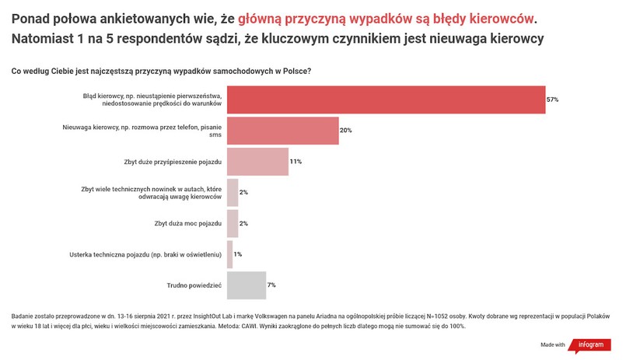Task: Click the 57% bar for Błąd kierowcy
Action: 385,100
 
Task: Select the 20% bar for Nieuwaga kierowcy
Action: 282,131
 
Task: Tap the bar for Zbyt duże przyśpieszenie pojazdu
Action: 257,162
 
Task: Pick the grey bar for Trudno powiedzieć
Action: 247,285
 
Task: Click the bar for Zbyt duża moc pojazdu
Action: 233,223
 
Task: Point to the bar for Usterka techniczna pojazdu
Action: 229,254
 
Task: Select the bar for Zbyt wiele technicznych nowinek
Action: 233,192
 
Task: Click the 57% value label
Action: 552,100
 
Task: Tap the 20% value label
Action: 346,131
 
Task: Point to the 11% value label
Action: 296,162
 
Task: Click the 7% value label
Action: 271,285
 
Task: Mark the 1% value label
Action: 238,254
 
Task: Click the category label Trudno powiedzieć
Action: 195,285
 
